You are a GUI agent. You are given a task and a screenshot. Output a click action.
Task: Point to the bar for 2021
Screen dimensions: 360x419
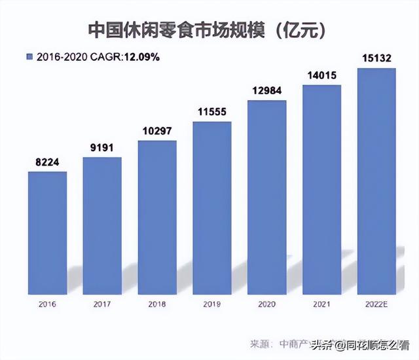322,190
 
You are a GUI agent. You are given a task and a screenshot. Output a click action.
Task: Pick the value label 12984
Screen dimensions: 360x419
267,92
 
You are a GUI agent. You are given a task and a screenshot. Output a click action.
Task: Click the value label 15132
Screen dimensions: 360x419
377,59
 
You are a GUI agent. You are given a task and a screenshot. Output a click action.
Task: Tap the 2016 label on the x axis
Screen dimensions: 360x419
48,305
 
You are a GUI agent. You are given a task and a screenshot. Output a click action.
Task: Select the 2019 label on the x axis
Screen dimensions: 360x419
212,305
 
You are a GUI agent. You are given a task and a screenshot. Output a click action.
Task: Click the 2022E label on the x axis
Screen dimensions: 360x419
377,305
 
